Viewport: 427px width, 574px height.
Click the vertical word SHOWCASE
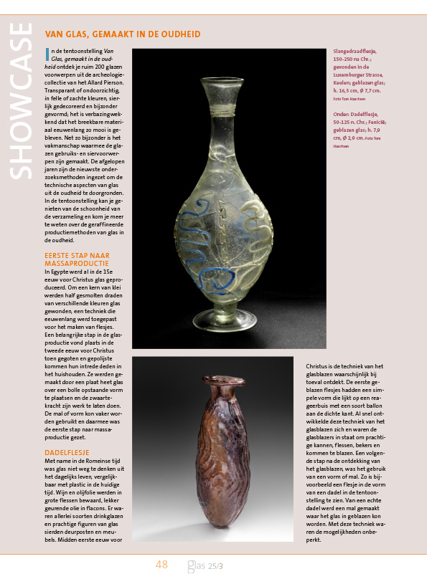pyautogui.click(x=21, y=100)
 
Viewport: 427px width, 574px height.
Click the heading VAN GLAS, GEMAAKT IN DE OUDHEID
pyautogui.click(x=123, y=34)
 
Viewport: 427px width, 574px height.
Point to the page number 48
pyautogui.click(x=161, y=565)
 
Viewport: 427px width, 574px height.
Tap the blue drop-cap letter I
pyautogui.click(x=47, y=53)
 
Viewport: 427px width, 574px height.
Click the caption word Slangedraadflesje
pyautogui.click(x=355, y=52)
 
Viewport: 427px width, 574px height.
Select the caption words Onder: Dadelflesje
pyautogui.click(x=357, y=114)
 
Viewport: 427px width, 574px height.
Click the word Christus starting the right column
pyautogui.click(x=320, y=365)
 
